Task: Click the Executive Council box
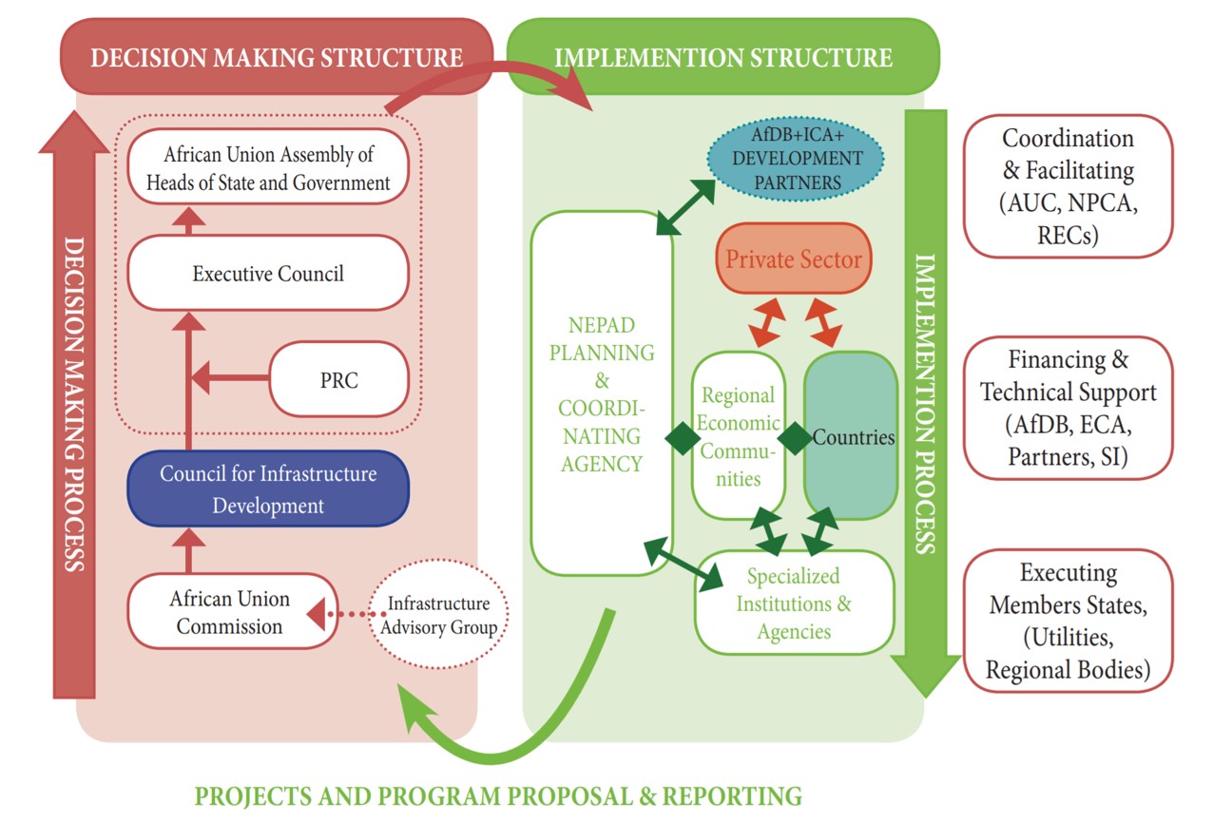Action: coord(268,274)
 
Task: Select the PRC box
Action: coord(338,379)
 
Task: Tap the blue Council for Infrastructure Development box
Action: coord(268,488)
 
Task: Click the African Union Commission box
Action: coord(231,612)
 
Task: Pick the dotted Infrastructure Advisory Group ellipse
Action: coord(438,616)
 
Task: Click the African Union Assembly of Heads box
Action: coord(268,167)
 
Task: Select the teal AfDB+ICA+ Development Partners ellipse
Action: coord(796,169)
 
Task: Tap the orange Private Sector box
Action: coord(793,258)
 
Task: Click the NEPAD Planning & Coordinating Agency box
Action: coord(602,393)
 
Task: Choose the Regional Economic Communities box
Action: coord(738,436)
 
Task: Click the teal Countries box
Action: coord(852,437)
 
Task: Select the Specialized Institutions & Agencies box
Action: coord(794,603)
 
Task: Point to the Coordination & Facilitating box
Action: coord(1068,186)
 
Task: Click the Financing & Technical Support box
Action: coord(1068,408)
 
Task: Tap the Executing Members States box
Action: coord(1068,621)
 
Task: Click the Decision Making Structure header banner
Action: coord(276,57)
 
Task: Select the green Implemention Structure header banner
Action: coord(723,57)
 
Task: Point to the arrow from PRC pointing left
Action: coord(229,379)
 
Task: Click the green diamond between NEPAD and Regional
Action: coord(682,439)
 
